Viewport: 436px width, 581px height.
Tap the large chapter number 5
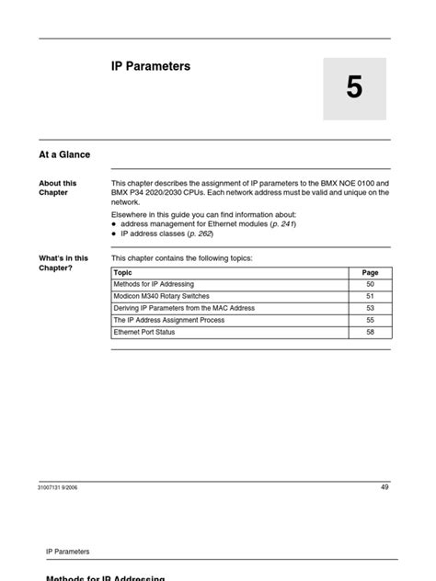point(354,88)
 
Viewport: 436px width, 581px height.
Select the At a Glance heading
point(64,154)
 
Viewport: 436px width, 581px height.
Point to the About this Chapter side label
point(58,188)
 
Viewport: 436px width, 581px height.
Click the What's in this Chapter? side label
point(63,263)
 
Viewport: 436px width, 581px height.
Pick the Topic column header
point(123,273)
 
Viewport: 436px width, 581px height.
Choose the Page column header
point(370,273)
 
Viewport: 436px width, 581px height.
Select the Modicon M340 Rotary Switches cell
point(161,297)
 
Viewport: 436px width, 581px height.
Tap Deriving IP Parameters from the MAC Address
point(184,309)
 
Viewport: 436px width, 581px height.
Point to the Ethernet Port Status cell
point(144,332)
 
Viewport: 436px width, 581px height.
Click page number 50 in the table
point(370,285)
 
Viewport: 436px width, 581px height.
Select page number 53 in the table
point(370,309)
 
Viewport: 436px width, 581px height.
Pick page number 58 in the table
point(370,332)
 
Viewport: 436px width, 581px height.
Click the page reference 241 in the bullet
point(287,223)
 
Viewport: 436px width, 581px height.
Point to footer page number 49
point(384,486)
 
